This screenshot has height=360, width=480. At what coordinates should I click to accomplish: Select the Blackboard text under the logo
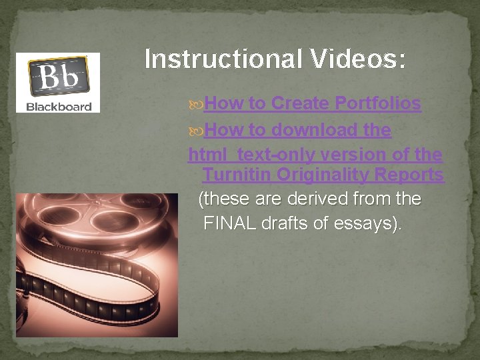[x=59, y=107]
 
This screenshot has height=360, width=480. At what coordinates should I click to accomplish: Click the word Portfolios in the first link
[x=378, y=103]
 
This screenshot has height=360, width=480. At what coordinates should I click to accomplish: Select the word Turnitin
[x=237, y=175]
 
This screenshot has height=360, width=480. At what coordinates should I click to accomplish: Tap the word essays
[x=369, y=223]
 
